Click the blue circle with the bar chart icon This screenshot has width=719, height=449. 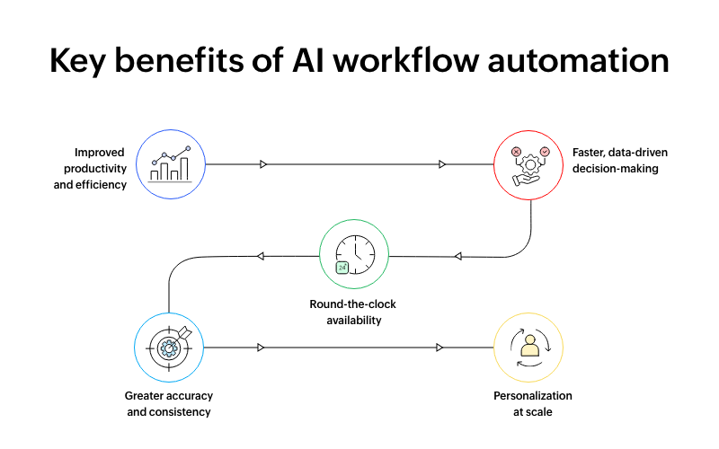(171, 164)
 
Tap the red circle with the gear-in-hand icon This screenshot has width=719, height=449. (529, 164)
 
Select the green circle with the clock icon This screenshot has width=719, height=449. (354, 255)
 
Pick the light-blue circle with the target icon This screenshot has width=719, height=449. (168, 347)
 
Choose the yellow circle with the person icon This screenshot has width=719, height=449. (529, 347)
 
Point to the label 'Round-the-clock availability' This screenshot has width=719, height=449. (352, 312)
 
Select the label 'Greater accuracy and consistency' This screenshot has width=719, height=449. (168, 403)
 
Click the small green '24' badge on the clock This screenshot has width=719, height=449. (342, 268)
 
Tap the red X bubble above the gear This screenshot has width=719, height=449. (516, 152)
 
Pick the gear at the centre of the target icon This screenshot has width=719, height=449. (166, 348)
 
